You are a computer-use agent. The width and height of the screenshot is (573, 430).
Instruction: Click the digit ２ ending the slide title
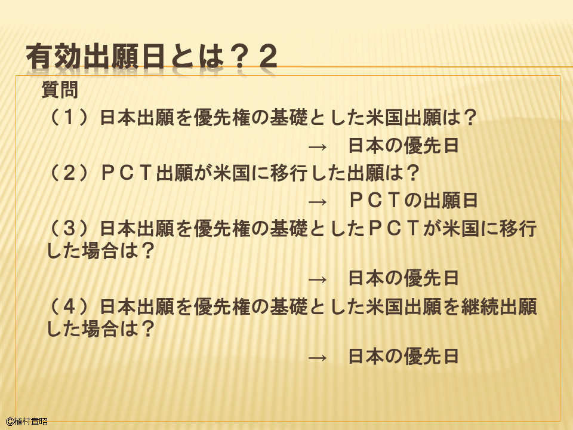[268, 56]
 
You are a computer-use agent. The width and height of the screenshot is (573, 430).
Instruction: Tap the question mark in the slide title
[239, 56]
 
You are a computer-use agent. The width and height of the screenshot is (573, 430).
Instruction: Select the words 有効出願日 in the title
[95, 56]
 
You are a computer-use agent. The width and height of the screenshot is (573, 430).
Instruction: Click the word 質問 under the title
[60, 90]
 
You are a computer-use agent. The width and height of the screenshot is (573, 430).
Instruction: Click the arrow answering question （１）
[318, 147]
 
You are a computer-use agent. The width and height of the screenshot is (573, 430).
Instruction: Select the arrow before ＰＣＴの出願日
[318, 202]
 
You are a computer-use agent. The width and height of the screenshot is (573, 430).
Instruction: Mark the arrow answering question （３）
[318, 279]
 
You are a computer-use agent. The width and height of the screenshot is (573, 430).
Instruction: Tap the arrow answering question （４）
[318, 358]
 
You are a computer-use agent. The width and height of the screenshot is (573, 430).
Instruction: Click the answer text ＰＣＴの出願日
[414, 201]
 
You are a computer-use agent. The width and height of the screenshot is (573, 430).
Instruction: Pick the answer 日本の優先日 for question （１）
[403, 146]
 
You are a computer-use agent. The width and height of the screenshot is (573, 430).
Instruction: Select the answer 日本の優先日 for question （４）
[403, 356]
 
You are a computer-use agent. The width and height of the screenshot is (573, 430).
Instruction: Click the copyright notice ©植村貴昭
[27, 422]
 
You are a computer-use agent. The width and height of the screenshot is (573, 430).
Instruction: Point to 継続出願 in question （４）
[499, 306]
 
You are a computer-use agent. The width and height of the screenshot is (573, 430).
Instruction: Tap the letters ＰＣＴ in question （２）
[127, 173]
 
